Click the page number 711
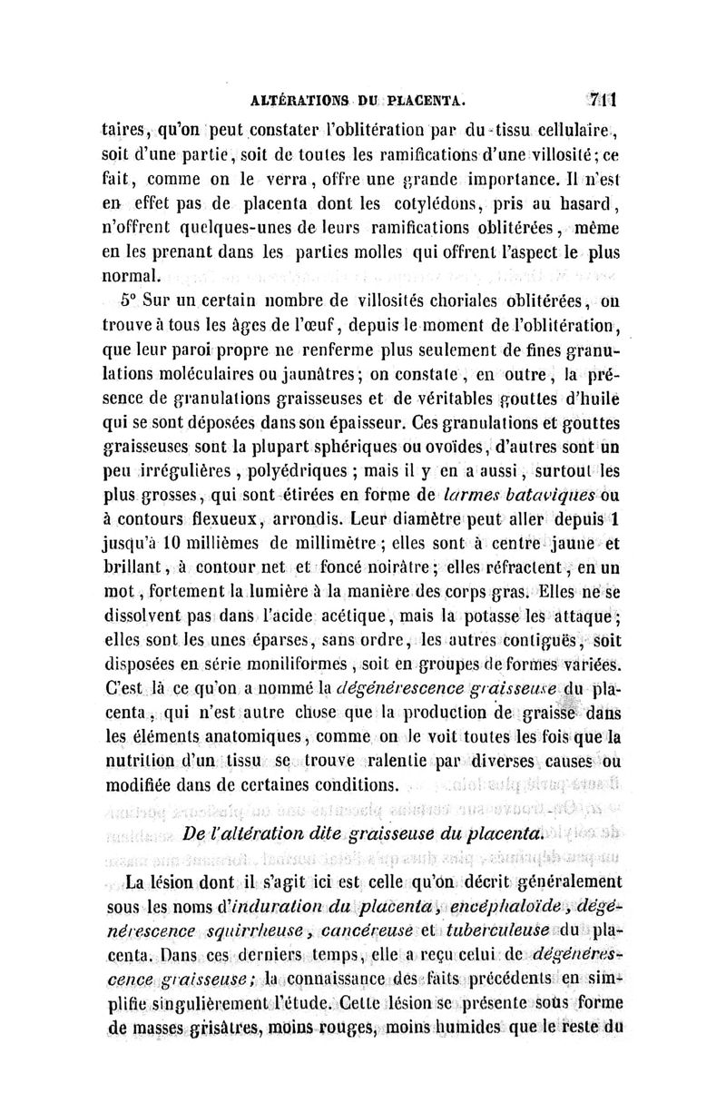(601, 98)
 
